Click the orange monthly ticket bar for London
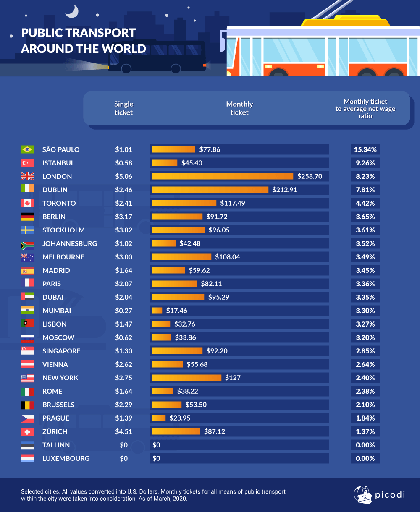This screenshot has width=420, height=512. (x=223, y=176)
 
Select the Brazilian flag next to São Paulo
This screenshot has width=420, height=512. (x=27, y=149)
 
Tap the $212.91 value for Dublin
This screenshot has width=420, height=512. (x=284, y=190)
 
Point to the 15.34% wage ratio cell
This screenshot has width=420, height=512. (x=365, y=149)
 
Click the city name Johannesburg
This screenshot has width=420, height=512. (x=70, y=243)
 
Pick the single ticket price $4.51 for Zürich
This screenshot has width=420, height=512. (x=123, y=431)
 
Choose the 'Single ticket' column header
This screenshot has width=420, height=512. (x=123, y=108)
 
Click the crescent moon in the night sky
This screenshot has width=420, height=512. (x=72, y=11)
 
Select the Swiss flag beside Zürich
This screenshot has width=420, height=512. (x=27, y=431)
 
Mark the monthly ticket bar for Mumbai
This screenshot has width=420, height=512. (x=157, y=311)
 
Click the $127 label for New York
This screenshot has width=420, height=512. (x=233, y=378)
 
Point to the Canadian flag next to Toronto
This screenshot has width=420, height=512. (x=27, y=203)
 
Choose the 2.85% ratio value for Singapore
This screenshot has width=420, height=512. (x=365, y=351)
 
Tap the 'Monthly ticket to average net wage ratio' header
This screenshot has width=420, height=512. (x=365, y=108)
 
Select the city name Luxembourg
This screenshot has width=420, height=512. (x=66, y=458)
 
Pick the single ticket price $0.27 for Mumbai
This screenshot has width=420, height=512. (x=123, y=311)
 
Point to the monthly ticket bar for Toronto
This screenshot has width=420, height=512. (x=185, y=203)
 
